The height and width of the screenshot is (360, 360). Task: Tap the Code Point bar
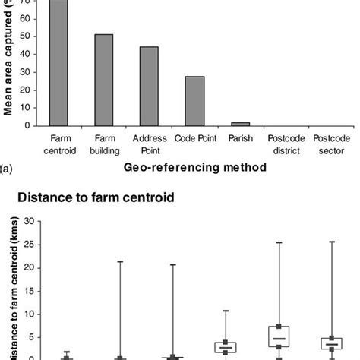[x=194, y=100]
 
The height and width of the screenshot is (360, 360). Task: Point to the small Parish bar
[x=240, y=123]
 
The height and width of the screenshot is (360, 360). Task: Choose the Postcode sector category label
[x=331, y=144]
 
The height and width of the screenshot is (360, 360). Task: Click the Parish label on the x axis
[x=240, y=139]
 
